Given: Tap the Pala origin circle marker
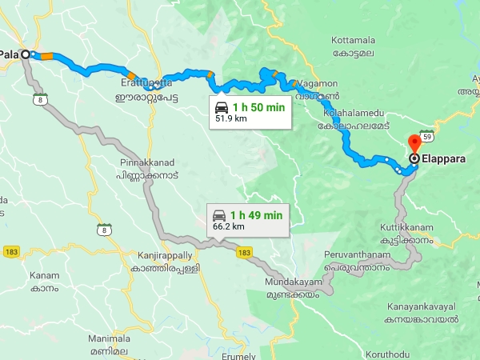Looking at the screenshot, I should tap(25, 54).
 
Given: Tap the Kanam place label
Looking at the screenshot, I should tap(45, 275).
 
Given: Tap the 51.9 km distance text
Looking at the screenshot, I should tap(230, 118).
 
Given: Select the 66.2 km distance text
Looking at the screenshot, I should tap(228, 226).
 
